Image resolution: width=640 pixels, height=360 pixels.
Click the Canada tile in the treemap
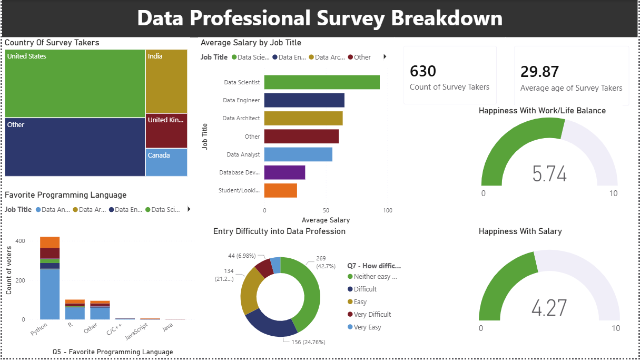(166, 162)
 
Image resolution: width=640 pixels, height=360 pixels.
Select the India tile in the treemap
(166, 81)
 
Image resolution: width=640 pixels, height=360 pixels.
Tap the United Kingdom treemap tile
(166, 130)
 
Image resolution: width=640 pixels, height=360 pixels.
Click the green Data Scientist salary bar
(321, 82)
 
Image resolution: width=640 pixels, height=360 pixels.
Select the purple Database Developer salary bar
(284, 172)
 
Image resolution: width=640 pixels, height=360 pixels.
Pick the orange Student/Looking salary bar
(280, 190)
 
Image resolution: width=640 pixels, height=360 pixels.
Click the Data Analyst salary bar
(298, 154)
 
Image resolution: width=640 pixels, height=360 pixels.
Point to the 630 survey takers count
(423, 71)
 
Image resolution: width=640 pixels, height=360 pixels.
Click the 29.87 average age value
(539, 72)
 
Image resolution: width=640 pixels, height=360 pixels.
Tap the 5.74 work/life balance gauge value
(549, 173)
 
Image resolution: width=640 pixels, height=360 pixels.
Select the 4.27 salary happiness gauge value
(549, 308)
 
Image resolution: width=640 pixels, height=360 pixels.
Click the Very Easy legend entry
(367, 327)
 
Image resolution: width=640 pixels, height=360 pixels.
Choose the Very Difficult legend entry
(372, 315)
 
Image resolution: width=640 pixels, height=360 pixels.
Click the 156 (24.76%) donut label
(308, 342)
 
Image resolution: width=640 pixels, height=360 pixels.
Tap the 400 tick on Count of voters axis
(20, 241)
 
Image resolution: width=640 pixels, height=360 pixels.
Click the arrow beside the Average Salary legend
(385, 57)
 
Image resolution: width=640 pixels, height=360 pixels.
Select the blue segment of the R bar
(74, 313)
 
